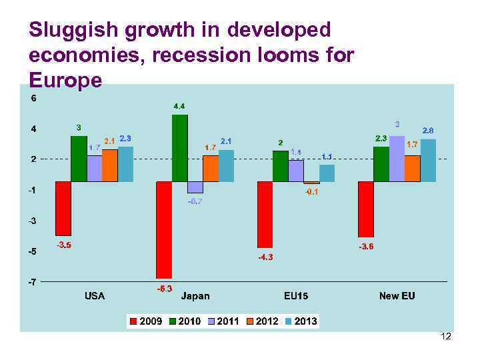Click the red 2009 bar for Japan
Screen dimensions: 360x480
[164, 230]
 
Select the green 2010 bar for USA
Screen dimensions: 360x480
[79, 159]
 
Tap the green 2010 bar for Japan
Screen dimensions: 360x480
[179, 148]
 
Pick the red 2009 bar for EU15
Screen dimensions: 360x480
[265, 215]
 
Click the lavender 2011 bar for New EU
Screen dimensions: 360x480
[397, 159]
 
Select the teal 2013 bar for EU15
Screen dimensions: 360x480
[327, 173]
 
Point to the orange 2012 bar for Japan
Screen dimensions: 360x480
[210, 169]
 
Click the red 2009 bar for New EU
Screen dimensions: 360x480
[365, 209]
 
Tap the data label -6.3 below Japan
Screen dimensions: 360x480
[164, 289]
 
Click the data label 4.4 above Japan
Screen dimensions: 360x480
[179, 106]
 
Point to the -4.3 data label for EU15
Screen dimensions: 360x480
[265, 257]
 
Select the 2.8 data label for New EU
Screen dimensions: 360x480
[428, 130]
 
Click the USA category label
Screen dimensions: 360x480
[94, 295]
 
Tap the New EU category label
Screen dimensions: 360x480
[397, 295]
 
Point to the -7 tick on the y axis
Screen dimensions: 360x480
[32, 282]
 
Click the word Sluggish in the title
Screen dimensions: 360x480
[71, 30]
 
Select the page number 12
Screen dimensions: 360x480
[446, 337]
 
